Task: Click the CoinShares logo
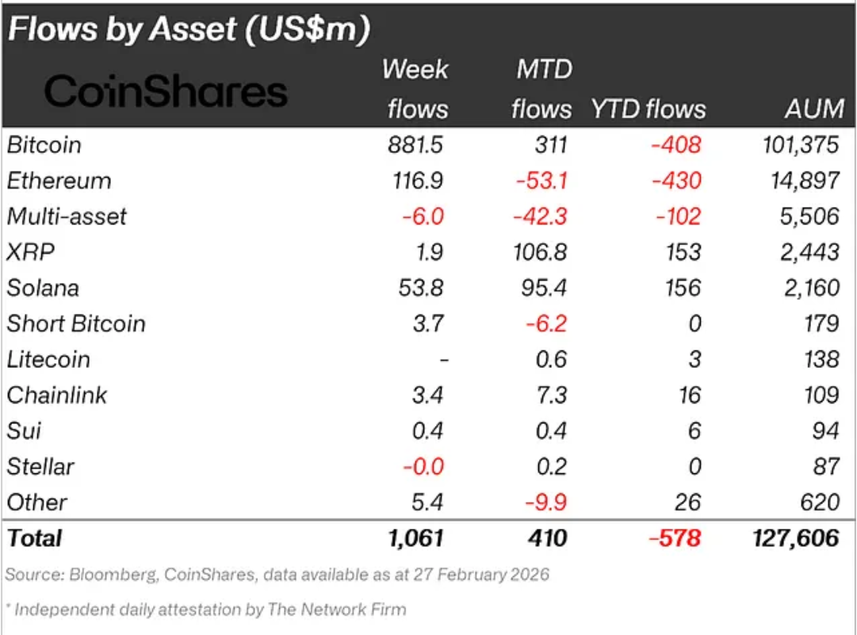[166, 92]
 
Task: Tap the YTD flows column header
[648, 109]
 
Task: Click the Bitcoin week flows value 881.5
[417, 145]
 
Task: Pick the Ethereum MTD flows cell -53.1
[541, 181]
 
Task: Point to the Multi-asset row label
[67, 216]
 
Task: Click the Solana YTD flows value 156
[683, 288]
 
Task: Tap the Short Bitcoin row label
[76, 323]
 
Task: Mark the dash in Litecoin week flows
[444, 360]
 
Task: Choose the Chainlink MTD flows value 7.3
[551, 395]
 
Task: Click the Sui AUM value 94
[825, 430]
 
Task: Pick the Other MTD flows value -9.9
[546, 502]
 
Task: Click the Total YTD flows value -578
[675, 538]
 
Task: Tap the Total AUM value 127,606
[795, 538]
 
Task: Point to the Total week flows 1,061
[415, 538]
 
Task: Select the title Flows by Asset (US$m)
[189, 29]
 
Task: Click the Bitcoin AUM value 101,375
[800, 145]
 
